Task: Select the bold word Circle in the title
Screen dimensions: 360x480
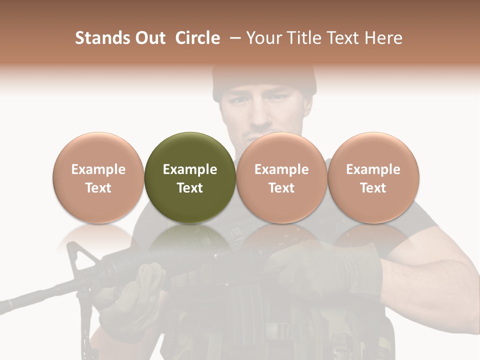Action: [197, 38]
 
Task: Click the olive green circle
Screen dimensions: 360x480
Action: [190, 177]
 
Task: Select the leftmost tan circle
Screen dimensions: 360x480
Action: [98, 177]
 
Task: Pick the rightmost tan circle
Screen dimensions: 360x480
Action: [373, 177]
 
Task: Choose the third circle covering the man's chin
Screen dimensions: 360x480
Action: [281, 177]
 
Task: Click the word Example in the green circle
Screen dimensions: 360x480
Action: [190, 169]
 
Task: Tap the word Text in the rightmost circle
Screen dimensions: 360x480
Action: [373, 188]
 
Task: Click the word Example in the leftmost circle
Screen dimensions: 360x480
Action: [98, 169]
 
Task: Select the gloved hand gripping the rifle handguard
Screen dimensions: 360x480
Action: [135, 290]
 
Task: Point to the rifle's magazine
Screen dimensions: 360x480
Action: [250, 320]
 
